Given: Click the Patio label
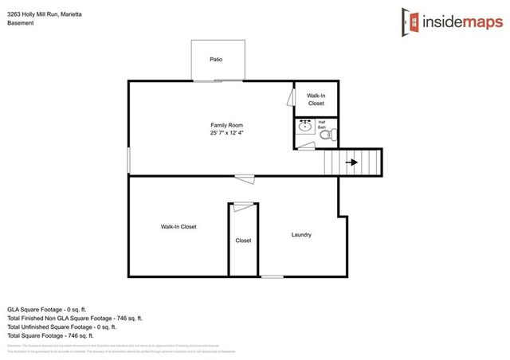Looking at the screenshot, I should click(x=216, y=59).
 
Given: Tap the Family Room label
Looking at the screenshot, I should click(x=226, y=125).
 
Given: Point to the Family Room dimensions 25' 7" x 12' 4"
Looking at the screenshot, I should click(x=226, y=134).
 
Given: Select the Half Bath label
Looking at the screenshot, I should click(x=323, y=125).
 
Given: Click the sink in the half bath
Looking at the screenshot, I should click(x=304, y=127).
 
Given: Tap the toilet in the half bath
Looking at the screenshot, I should click(x=325, y=136).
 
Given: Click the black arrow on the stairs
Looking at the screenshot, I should click(x=351, y=163).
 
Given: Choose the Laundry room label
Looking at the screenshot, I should click(x=301, y=235).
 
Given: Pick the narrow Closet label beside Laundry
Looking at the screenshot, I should click(x=243, y=241).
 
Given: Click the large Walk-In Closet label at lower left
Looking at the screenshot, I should click(x=178, y=227).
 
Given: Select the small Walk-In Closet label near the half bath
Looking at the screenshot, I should click(x=316, y=99).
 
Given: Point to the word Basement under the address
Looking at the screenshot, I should click(x=21, y=23).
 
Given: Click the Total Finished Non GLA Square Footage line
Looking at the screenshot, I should click(x=75, y=318).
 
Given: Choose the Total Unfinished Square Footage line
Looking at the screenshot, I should click(x=62, y=327).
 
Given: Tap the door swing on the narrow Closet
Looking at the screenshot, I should click(x=243, y=207).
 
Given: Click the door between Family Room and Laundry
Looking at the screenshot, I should click(x=245, y=178).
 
